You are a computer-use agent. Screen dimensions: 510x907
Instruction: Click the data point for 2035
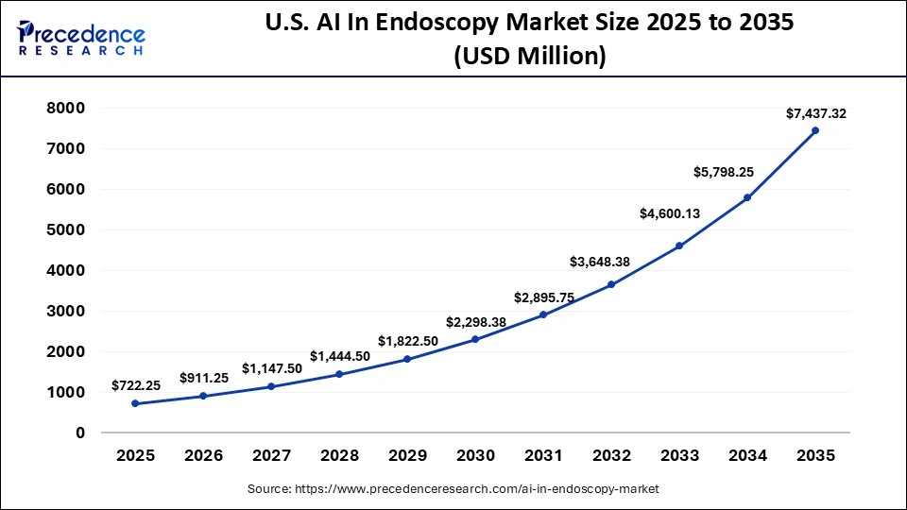(x=815, y=130)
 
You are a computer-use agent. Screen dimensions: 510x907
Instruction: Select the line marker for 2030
(x=475, y=339)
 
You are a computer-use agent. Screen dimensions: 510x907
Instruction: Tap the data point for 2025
(x=135, y=403)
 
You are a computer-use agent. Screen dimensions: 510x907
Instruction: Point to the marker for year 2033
(x=679, y=246)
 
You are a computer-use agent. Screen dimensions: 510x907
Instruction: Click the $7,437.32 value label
(x=815, y=113)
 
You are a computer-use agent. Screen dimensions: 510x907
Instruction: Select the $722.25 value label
(x=135, y=385)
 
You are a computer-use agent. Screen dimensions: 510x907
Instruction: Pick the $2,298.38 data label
(x=475, y=322)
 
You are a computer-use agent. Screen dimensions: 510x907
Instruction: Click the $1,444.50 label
(x=339, y=356)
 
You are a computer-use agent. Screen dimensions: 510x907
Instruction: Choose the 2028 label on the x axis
(x=339, y=455)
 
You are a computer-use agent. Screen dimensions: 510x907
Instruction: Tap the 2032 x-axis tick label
(x=611, y=455)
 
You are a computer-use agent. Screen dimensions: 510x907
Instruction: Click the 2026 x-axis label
(x=203, y=455)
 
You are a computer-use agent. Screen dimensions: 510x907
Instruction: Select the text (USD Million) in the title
(x=529, y=57)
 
